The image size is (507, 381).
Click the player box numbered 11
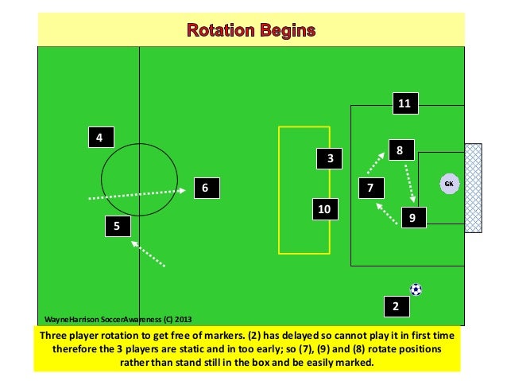[x=404, y=103]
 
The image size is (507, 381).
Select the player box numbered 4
[x=99, y=138]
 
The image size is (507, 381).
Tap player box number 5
[x=117, y=227]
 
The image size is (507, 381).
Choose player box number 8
[x=401, y=149]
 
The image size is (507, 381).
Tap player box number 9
[x=413, y=216]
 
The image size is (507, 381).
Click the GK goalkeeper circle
[x=449, y=184]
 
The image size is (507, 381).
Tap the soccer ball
[x=416, y=290]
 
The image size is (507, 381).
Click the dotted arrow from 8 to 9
[x=409, y=182]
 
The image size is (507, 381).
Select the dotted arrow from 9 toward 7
[x=388, y=213]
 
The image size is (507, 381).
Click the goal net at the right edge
[x=474, y=187]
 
